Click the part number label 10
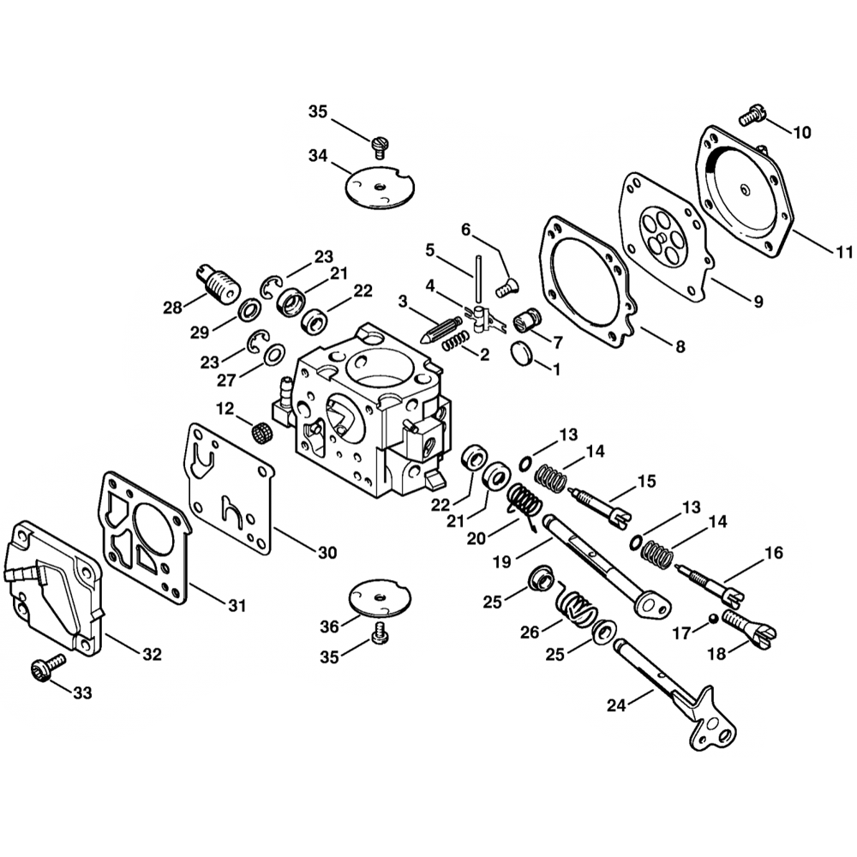801,133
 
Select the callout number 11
844,252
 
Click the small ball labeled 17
712,618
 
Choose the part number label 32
152,655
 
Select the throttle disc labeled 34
379,186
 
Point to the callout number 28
174,306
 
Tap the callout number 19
503,563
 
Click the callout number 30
327,553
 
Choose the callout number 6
466,229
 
